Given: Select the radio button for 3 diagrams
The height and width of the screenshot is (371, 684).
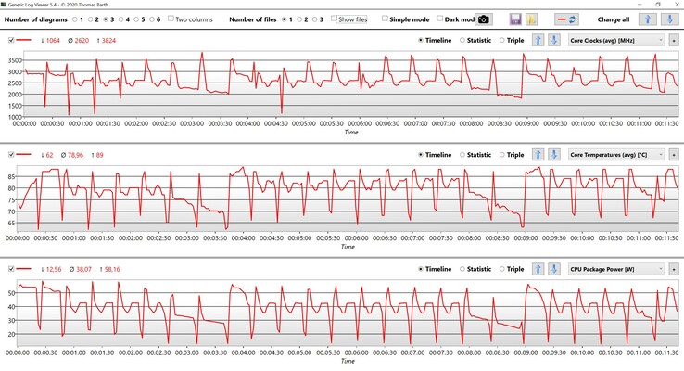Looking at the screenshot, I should tap(106, 19).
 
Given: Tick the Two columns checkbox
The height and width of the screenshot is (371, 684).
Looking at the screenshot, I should tap(171, 19).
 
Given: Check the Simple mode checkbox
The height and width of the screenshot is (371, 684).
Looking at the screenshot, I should tap(384, 19).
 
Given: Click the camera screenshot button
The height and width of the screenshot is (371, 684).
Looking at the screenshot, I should tap(484, 19).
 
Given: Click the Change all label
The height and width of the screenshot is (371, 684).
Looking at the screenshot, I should tap(614, 19).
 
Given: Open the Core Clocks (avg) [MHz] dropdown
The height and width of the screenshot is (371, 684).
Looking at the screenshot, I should tap(615, 40).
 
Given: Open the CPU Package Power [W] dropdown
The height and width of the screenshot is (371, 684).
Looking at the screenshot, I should tap(615, 269).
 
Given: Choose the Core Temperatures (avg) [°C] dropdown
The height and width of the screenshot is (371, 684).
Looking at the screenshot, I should tap(615, 155).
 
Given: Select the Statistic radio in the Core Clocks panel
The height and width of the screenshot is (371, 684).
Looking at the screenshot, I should tap(464, 40).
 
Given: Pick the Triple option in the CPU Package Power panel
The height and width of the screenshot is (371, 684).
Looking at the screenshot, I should tap(502, 269).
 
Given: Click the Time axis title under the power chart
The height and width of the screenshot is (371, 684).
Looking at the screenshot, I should tap(347, 361).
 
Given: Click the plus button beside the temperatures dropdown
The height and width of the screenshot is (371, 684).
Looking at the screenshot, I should tap(674, 155).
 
